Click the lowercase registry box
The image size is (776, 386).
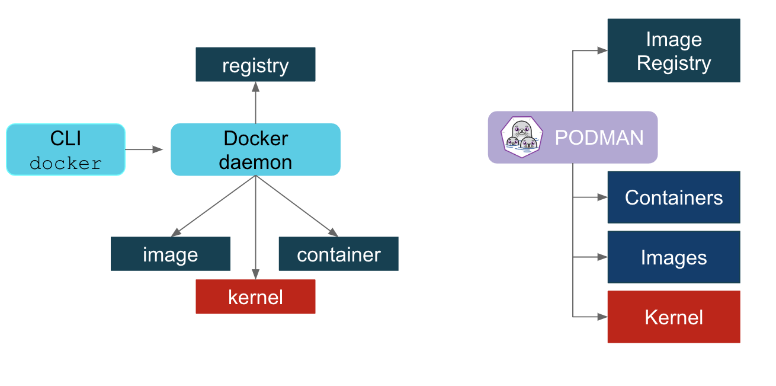click(x=255, y=65)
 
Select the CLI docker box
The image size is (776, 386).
click(x=66, y=149)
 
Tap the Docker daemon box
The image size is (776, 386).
click(x=255, y=149)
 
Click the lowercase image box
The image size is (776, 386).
click(x=170, y=254)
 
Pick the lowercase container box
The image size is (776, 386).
click(x=338, y=254)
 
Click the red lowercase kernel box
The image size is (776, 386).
click(x=255, y=296)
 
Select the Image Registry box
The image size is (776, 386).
click(x=674, y=50)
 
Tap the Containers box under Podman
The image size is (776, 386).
click(x=674, y=197)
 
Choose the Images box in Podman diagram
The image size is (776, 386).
click(x=674, y=257)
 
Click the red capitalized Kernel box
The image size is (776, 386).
click(x=674, y=317)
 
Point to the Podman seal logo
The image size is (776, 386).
click(x=521, y=137)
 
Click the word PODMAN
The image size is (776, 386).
click(x=599, y=138)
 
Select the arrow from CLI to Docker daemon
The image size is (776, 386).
click(x=145, y=149)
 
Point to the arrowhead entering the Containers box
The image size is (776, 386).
click(x=602, y=197)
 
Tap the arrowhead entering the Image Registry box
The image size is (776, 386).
click(x=602, y=50)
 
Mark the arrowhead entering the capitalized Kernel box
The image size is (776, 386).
click(x=602, y=317)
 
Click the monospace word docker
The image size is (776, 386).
click(x=66, y=163)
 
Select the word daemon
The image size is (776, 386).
click(x=255, y=162)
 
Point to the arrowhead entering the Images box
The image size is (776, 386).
click(x=602, y=257)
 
